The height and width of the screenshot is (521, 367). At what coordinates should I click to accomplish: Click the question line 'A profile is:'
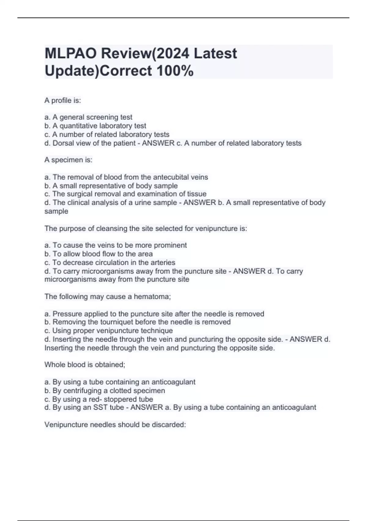tap(63, 101)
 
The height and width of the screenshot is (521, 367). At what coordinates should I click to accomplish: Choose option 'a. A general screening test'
tap(88, 117)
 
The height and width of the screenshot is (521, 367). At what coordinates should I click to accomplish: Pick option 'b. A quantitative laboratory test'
tap(95, 126)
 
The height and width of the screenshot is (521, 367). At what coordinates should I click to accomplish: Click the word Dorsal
tap(63, 143)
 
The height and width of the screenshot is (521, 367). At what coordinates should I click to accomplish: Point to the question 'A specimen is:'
tap(68, 160)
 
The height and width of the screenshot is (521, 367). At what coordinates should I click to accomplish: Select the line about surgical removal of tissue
tap(125, 194)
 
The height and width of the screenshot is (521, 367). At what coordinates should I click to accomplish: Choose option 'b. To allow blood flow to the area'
tap(98, 254)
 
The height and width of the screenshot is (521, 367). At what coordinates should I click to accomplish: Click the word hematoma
tap(152, 297)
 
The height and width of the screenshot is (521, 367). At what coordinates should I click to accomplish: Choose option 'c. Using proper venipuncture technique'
tap(109, 331)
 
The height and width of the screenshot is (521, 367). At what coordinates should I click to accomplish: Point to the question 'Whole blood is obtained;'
tap(85, 365)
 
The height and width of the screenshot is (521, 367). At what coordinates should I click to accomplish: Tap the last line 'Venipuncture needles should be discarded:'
tap(115, 425)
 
